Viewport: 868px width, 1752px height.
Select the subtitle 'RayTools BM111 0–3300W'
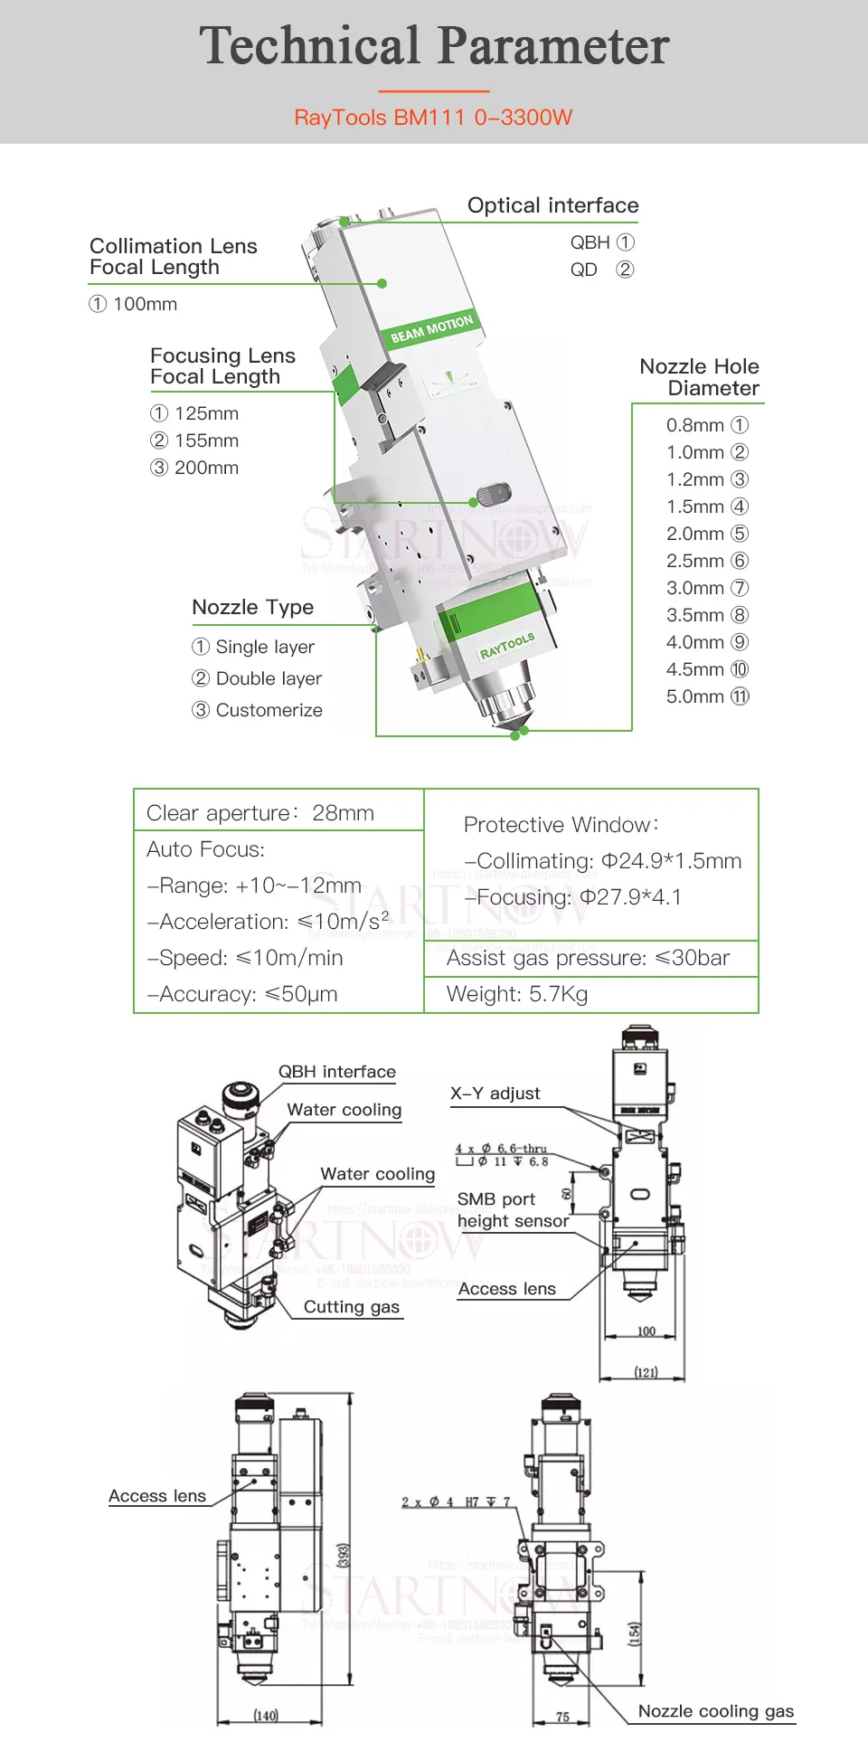click(x=434, y=118)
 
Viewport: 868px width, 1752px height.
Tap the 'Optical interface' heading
click(x=552, y=205)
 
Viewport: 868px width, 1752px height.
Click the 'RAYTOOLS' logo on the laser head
click(x=507, y=645)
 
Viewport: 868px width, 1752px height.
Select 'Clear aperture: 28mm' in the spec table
click(x=260, y=813)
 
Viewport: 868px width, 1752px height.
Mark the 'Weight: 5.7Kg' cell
click(x=517, y=994)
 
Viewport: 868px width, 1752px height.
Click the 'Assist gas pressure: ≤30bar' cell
click(x=588, y=958)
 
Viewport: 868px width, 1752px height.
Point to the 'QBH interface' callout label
click(x=337, y=1072)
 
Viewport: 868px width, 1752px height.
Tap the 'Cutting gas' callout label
click(x=351, y=1307)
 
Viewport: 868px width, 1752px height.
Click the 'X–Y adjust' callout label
click(x=495, y=1094)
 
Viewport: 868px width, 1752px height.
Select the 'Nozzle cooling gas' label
click(x=715, y=1711)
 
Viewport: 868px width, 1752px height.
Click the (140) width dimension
click(x=266, y=1715)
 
